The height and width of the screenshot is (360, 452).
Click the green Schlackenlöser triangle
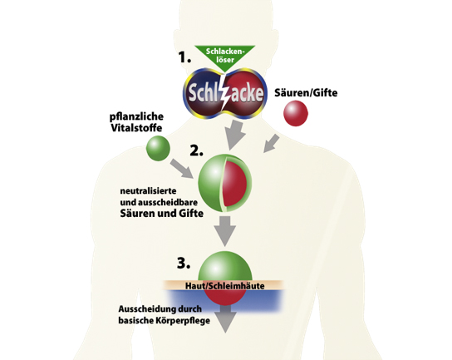point(225,57)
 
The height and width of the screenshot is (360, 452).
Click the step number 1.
point(184,57)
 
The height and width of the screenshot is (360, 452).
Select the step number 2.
point(196,150)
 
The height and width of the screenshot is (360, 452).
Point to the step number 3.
point(184,263)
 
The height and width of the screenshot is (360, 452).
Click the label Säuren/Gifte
point(306,93)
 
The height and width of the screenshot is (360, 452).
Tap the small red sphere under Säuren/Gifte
point(296,113)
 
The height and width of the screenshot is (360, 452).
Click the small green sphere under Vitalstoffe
point(158,148)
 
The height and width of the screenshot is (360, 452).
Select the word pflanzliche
point(136,117)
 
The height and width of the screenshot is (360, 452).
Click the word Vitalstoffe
point(136,128)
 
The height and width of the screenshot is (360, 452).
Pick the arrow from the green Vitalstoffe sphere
point(182,168)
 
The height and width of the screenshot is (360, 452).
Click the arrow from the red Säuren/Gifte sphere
point(271,143)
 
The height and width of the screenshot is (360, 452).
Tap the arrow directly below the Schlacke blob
point(235,136)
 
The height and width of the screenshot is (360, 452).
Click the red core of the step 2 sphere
point(234,184)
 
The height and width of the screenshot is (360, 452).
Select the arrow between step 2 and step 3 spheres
point(225,231)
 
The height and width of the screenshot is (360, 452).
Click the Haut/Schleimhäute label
point(225,286)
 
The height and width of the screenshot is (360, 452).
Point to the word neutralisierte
point(148,191)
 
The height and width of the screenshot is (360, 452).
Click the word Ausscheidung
point(143,309)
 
